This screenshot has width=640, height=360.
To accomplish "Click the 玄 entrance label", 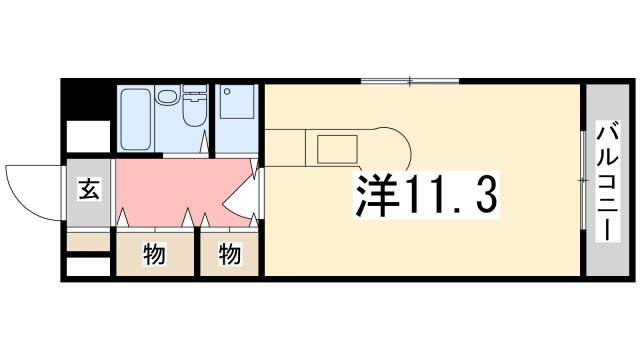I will pos(89,189).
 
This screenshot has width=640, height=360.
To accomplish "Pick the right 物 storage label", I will pos(230,255).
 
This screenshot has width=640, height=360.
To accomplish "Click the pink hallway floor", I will pos(170,185).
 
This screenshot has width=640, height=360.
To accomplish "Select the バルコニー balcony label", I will pos(606,180).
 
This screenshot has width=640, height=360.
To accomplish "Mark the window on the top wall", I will pos(410,81).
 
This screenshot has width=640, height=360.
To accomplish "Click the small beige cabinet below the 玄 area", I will pos(88,241).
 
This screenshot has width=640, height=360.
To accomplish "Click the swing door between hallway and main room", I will pos(241,195).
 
